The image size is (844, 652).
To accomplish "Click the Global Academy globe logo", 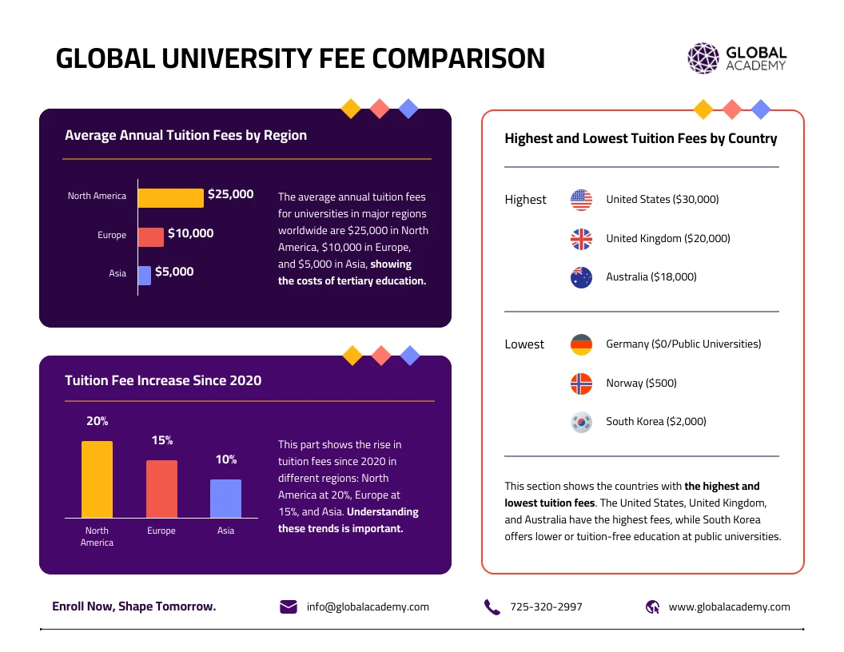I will click(703, 58).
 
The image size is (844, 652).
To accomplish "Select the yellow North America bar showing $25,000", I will click(170, 197).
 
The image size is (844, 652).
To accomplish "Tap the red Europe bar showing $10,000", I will click(151, 237).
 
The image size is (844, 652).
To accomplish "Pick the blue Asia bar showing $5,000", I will click(145, 275).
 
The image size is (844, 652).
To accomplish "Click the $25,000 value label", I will click(230, 194).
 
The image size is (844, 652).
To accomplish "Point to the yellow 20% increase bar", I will click(97, 479).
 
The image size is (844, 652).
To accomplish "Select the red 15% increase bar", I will click(161, 489).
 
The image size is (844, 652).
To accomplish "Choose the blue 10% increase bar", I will click(225, 499).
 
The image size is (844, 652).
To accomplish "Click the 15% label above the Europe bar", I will click(162, 440).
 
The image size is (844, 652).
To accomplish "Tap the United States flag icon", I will click(581, 200).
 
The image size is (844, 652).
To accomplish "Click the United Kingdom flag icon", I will click(581, 239).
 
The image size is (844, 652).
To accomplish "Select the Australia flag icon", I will click(581, 277).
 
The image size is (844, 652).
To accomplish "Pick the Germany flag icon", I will click(581, 344).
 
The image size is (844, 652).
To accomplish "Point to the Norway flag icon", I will click(581, 384).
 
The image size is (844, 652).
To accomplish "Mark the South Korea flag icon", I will click(581, 422).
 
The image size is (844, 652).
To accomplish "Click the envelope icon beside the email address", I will click(289, 607).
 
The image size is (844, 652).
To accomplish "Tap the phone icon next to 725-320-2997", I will click(492, 607).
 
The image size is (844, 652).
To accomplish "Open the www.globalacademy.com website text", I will click(729, 607).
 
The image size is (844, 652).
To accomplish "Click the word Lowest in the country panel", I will click(524, 344).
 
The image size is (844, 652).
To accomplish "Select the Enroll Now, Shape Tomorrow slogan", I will click(133, 606).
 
